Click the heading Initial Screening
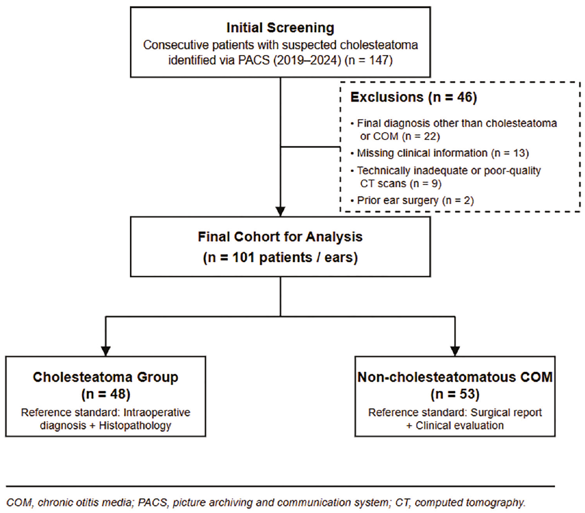(x=280, y=28)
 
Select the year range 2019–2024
(x=307, y=60)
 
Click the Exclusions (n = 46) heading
(x=413, y=97)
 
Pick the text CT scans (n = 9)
(x=401, y=184)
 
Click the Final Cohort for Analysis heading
(x=280, y=237)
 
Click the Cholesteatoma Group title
(x=105, y=377)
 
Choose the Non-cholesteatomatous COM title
(x=455, y=377)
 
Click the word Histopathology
(x=135, y=425)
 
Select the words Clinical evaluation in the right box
(x=460, y=425)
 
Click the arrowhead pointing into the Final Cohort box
(x=280, y=212)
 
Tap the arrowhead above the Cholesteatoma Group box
(x=106, y=351)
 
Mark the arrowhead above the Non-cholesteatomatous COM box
(x=455, y=351)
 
